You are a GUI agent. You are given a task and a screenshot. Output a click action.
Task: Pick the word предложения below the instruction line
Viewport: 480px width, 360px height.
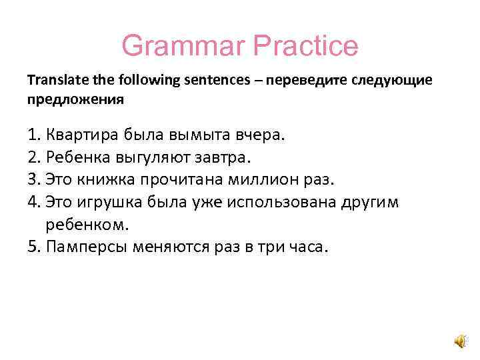point(75,99)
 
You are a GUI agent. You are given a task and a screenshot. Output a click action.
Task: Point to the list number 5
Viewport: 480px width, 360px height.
point(33,247)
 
